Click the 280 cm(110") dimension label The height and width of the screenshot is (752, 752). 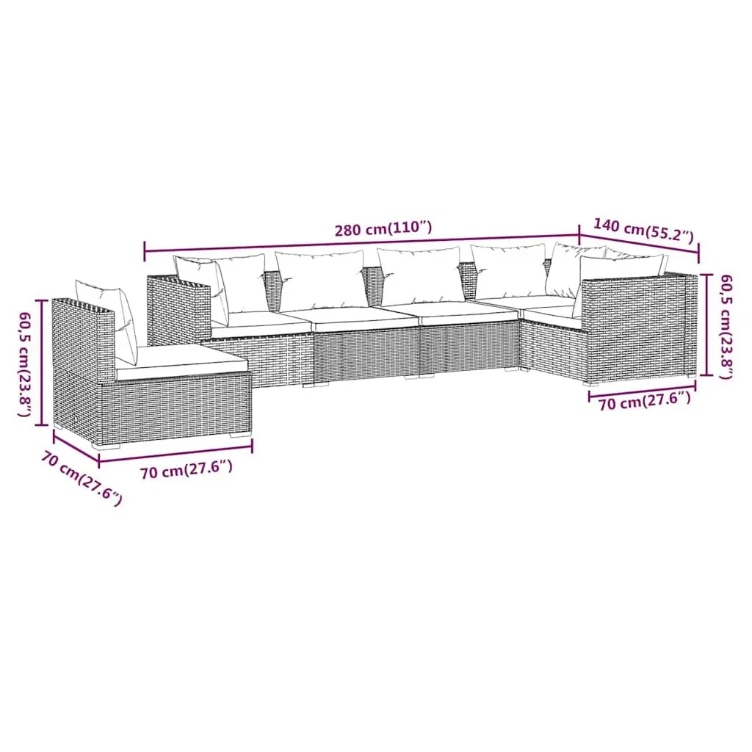click(x=383, y=228)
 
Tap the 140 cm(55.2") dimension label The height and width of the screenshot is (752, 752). click(x=643, y=230)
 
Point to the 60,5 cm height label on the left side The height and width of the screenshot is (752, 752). click(x=26, y=363)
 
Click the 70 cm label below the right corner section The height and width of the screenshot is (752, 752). click(x=644, y=401)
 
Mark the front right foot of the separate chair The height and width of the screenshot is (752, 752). click(x=240, y=435)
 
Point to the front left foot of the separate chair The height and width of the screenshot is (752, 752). click(x=106, y=446)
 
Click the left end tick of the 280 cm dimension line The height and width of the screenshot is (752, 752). click(x=145, y=251)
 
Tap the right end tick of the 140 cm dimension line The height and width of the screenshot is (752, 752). click(x=698, y=253)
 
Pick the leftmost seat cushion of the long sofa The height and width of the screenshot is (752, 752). click(x=261, y=322)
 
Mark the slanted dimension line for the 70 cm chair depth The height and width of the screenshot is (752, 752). click(x=76, y=449)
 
